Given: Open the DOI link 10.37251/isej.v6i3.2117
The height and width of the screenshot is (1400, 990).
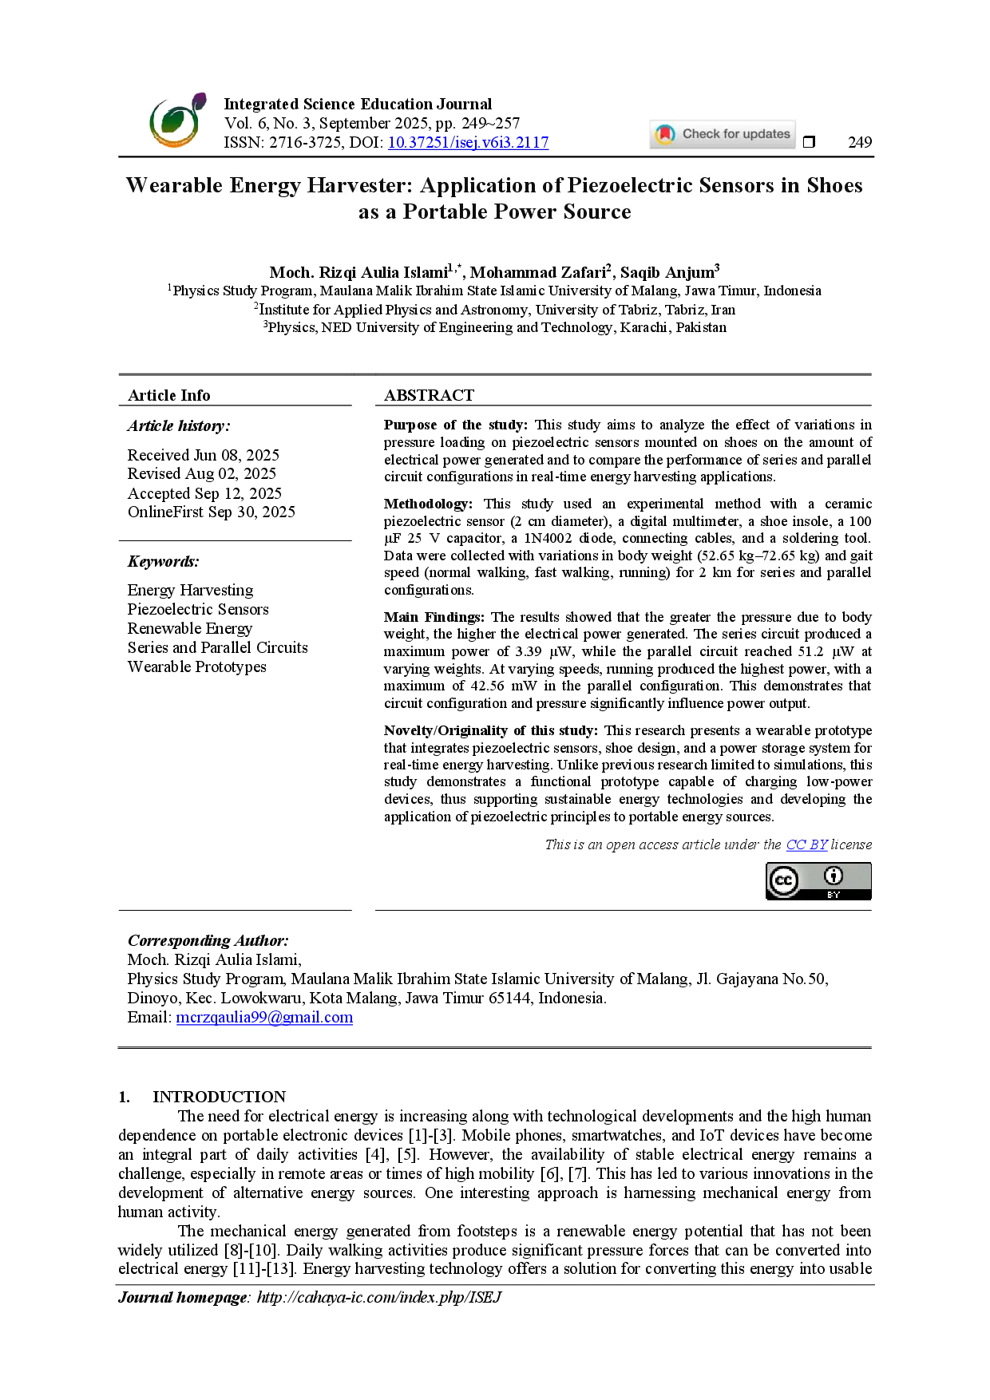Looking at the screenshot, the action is [x=468, y=143].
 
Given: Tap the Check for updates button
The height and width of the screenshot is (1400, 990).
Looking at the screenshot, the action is [x=723, y=134].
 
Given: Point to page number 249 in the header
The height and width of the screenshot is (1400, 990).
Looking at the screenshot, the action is [x=860, y=142].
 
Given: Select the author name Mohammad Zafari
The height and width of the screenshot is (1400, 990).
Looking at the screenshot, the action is [x=538, y=272].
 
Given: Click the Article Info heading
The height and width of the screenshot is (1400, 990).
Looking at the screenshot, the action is [x=169, y=395].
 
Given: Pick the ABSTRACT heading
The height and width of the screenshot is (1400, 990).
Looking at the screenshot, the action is [x=429, y=395].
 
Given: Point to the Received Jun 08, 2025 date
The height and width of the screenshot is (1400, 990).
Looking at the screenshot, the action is [x=204, y=455].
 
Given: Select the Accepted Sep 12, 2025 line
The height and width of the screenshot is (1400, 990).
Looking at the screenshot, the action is [x=204, y=493].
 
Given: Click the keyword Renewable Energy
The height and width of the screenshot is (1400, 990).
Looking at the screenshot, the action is [x=190, y=628].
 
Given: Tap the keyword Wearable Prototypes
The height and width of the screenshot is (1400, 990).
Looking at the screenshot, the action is [x=197, y=666].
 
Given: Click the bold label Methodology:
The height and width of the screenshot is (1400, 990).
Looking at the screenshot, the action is [x=428, y=504].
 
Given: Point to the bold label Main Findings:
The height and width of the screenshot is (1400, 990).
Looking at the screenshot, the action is [x=434, y=617].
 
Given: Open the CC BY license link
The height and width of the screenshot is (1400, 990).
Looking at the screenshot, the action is [x=806, y=844].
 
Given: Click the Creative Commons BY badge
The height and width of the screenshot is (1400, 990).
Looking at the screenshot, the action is [x=818, y=881].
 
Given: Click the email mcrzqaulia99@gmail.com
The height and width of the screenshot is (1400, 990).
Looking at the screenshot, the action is [x=264, y=1017].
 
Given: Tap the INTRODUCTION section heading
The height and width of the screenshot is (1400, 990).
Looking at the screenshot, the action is [x=220, y=1097].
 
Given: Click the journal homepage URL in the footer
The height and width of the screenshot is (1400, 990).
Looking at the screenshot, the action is [x=379, y=1297].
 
